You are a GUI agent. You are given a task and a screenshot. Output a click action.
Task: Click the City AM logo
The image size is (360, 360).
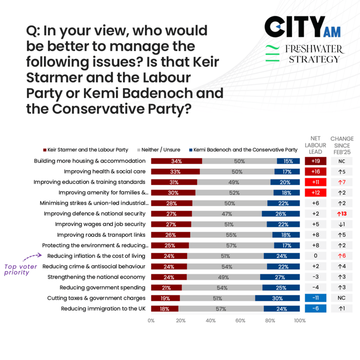click(x=302, y=27)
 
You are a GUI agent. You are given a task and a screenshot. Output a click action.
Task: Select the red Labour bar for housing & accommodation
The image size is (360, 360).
click(x=176, y=161)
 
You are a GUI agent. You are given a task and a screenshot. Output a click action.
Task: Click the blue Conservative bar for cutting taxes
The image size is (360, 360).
click(x=277, y=298)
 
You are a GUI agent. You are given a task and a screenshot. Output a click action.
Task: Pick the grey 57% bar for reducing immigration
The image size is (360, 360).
click(x=221, y=309)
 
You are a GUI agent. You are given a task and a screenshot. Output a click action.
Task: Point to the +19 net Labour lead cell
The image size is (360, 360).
click(x=315, y=161)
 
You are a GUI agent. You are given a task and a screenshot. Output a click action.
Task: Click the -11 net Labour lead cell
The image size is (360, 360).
click(x=315, y=298)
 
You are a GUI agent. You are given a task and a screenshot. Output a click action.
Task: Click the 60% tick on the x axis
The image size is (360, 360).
click(x=240, y=321)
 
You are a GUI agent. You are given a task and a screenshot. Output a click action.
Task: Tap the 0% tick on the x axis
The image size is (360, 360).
click(x=151, y=321)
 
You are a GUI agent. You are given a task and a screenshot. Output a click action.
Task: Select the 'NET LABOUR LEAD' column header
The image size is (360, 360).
click(x=315, y=145)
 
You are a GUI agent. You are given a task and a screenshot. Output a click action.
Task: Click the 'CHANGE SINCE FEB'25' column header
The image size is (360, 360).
click(x=342, y=145)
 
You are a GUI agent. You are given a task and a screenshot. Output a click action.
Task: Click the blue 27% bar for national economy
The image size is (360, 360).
click(x=280, y=277)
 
